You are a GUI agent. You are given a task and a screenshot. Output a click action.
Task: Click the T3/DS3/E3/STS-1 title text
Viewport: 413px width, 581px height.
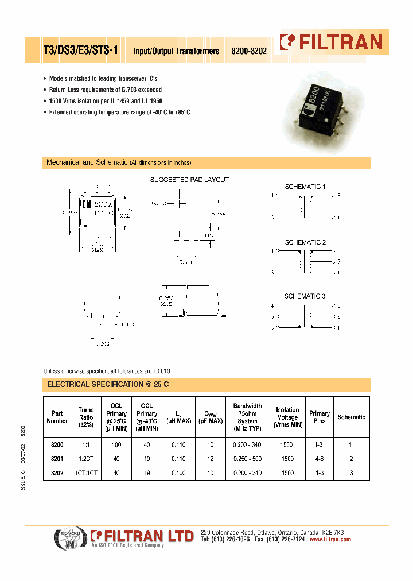tap(81, 50)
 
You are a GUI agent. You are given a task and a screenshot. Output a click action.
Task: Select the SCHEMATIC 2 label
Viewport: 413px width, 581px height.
tap(305, 242)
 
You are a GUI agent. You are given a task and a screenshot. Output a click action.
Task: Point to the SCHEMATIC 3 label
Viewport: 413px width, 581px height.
tap(305, 296)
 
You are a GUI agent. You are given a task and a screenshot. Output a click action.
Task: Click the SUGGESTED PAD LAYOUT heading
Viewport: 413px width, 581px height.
tap(189, 180)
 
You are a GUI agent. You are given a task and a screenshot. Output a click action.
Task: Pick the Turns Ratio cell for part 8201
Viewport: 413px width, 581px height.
tap(86, 459)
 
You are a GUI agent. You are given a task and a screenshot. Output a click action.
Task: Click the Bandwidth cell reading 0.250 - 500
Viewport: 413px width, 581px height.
tap(248, 459)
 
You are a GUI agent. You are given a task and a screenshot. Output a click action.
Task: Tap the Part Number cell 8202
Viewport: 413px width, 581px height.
tap(57, 473)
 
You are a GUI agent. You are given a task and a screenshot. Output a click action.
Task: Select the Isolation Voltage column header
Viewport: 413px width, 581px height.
tap(287, 417)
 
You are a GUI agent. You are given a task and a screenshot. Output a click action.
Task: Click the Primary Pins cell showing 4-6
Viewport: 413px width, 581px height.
tap(320, 459)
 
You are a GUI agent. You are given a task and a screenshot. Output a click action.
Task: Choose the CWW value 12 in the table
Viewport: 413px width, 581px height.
tap(211, 459)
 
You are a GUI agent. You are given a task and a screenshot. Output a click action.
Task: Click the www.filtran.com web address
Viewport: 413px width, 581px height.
tap(330, 540)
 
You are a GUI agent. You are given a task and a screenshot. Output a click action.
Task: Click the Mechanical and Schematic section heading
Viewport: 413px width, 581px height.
tap(87, 162)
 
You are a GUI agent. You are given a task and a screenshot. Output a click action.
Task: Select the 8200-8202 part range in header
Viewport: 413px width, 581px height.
tap(249, 51)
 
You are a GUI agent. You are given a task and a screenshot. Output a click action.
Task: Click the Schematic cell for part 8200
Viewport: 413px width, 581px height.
tap(351, 444)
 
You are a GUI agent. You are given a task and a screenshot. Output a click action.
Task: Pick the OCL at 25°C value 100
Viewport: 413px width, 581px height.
tap(116, 444)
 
